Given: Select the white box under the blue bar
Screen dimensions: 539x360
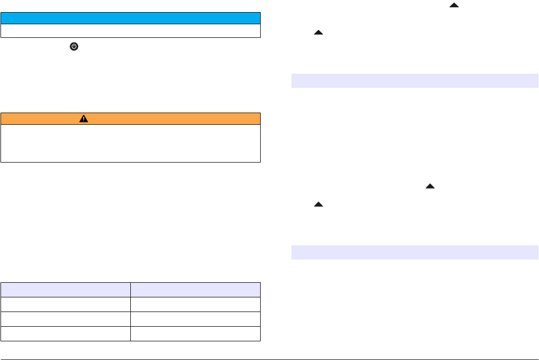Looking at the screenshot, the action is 130,31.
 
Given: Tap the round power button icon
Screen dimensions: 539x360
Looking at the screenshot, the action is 74,46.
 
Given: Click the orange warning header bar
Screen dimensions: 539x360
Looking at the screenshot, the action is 130,118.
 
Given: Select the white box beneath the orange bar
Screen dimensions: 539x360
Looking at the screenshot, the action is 130,143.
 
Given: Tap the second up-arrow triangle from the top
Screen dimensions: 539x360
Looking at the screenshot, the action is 318,32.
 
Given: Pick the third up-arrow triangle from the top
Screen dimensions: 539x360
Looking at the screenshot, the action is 430,186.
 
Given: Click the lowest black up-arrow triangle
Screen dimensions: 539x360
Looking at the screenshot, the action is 318,204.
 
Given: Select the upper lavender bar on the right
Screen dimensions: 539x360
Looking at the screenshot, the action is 415,81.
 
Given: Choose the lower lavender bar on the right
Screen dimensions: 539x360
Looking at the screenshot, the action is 415,252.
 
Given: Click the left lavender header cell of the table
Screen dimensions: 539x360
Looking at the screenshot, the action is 66,289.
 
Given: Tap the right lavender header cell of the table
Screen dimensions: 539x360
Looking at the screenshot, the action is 195,289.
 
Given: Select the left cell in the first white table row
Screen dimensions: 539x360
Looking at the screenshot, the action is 66,304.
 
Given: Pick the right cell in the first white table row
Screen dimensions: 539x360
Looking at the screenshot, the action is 195,304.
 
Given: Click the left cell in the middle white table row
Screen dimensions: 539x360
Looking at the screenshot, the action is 66,319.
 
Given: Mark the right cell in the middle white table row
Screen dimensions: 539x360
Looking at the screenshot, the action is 195,319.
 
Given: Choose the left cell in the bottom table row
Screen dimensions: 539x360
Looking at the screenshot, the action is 66,334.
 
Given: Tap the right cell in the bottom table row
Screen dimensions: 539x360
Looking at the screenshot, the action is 195,334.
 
